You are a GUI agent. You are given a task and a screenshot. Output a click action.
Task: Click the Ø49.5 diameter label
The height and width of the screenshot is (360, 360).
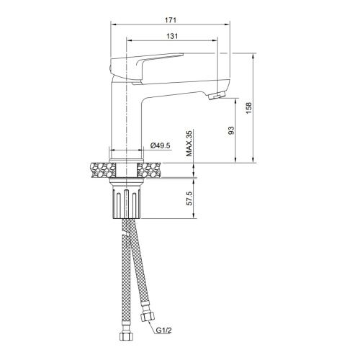click(160, 147)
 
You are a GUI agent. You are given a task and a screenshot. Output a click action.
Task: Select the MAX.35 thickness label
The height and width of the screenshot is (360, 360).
click(189, 143)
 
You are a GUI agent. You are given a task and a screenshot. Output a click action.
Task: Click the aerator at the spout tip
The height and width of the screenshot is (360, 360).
click(217, 95)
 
